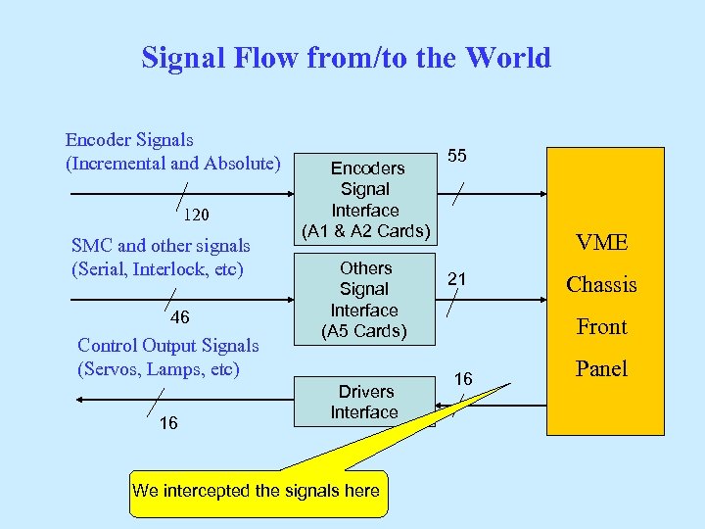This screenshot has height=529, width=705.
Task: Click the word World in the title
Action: tap(507, 58)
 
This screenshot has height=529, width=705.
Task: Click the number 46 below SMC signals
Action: tap(180, 317)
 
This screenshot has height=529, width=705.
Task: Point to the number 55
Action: tap(456, 155)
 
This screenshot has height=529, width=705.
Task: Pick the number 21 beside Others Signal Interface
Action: tap(456, 279)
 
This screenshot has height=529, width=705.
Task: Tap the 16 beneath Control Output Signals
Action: tap(168, 422)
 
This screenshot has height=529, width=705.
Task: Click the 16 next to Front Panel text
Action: tap(462, 379)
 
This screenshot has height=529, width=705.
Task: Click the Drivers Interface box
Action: tap(364, 402)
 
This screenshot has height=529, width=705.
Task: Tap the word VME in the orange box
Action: tap(602, 243)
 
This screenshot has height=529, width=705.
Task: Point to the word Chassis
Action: tap(601, 285)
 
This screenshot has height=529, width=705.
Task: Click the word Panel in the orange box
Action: tap(601, 368)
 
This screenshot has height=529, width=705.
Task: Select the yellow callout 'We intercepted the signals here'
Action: tap(256, 491)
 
